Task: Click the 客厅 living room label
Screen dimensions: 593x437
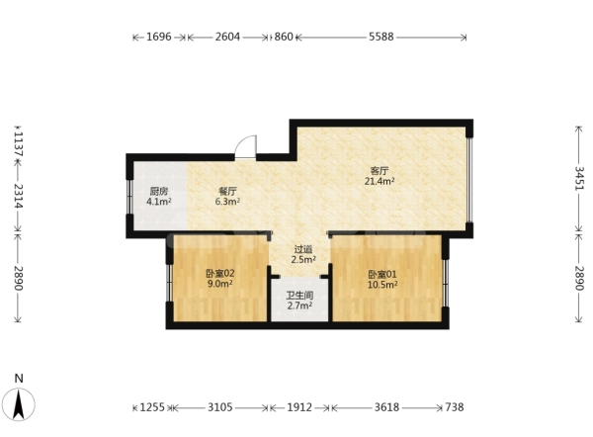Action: (x=380, y=171)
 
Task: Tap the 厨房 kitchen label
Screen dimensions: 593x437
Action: (x=159, y=192)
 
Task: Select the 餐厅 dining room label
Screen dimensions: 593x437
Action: (x=227, y=192)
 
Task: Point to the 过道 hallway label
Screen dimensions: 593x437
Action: (x=303, y=249)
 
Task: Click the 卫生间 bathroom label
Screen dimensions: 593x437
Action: (x=299, y=296)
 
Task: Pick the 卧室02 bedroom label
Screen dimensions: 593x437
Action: (x=220, y=273)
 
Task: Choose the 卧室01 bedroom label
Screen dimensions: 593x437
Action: (x=382, y=274)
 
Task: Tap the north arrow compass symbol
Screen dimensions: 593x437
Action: (x=19, y=404)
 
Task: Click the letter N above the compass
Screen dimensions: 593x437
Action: (x=19, y=378)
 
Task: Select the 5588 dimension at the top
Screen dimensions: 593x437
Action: (x=381, y=37)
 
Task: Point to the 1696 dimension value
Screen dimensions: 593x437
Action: (x=159, y=37)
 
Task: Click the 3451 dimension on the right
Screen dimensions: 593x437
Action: (x=579, y=179)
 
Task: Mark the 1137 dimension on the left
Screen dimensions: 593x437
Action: (x=19, y=144)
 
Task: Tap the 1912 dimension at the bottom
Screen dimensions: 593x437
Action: (x=299, y=407)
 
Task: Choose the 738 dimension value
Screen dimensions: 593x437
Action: (x=455, y=407)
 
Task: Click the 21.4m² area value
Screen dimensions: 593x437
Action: (x=380, y=181)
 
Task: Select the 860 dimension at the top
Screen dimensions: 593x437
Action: (x=284, y=37)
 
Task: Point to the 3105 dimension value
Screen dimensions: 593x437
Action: (x=220, y=407)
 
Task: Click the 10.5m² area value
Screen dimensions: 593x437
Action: (x=382, y=285)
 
